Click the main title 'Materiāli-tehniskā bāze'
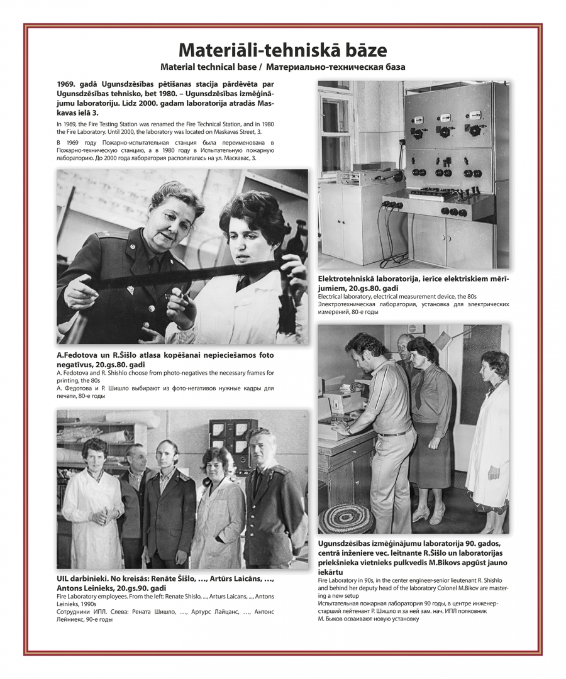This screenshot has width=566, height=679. coord(282,50)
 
